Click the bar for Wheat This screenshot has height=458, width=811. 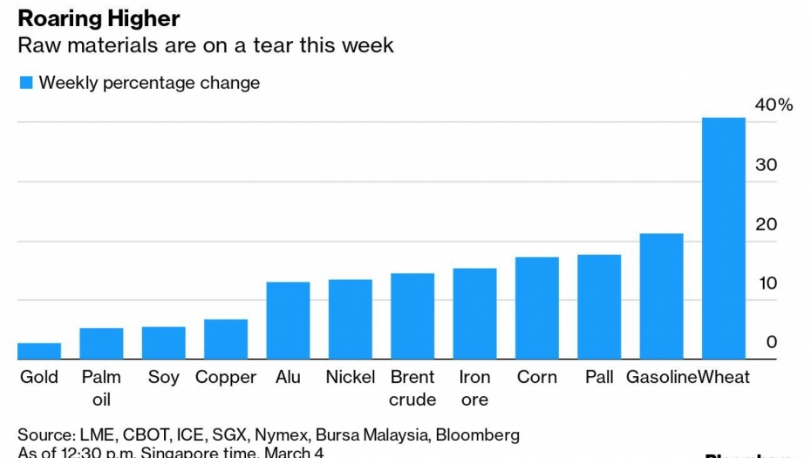(724, 238)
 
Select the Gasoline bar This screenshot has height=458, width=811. (661, 297)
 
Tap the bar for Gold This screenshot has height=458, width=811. (39, 351)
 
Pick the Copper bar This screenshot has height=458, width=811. (226, 339)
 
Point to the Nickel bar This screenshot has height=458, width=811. (351, 319)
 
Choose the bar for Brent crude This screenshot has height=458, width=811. (412, 317)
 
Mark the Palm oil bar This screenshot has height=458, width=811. (101, 344)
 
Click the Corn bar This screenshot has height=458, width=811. (537, 308)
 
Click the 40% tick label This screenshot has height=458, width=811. (774, 106)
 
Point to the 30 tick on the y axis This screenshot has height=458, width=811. (766, 165)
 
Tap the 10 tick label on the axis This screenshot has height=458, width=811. (766, 284)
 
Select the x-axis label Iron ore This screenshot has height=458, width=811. (474, 388)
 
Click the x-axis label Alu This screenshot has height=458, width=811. (288, 377)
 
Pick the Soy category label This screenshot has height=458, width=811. (163, 377)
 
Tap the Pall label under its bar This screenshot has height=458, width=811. (599, 377)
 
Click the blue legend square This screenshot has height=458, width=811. (25, 83)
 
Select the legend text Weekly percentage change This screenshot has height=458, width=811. (149, 83)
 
